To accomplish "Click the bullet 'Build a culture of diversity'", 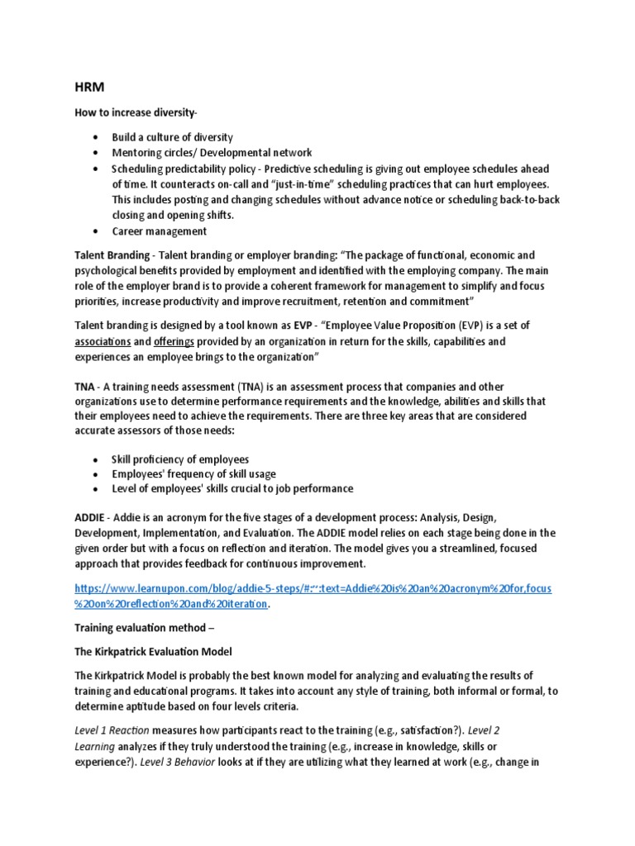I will point(172,137).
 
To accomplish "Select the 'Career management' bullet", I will point(160,231).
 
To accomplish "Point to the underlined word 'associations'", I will point(103,341).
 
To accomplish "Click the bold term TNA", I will point(85,387).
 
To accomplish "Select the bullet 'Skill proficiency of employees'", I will point(179,459).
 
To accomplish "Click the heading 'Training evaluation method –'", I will point(144,628).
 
